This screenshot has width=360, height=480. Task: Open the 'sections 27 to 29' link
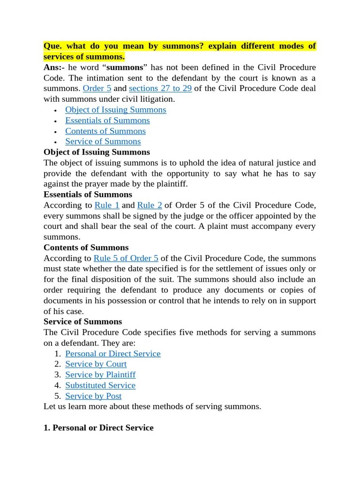(x=160, y=88)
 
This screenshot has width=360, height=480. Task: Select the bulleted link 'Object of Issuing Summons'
(x=115, y=110)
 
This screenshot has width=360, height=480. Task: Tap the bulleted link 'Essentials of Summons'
(x=107, y=120)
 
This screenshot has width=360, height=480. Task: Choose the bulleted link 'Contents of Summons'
(x=105, y=131)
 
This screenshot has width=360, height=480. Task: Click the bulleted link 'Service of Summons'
(x=103, y=141)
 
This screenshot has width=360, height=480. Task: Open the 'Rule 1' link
(x=107, y=205)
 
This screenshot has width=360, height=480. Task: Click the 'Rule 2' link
(x=150, y=205)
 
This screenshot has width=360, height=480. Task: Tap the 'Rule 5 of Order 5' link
(x=126, y=258)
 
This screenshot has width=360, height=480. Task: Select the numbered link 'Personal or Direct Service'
(x=112, y=353)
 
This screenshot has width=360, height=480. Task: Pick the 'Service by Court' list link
(x=96, y=364)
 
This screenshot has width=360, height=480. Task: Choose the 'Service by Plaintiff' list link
(x=100, y=375)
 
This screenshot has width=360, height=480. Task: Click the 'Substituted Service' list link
(x=100, y=385)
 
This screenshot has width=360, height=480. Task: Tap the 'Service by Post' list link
(x=93, y=396)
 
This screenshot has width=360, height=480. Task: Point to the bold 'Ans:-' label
(x=54, y=67)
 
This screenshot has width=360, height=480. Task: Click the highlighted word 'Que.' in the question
(x=52, y=46)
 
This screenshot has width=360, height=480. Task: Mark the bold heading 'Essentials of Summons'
(x=88, y=194)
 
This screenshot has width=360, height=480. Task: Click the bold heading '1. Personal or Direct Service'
(x=98, y=427)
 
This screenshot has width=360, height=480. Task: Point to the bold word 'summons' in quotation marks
(x=125, y=67)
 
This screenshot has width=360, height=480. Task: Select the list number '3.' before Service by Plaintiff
(x=58, y=375)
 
